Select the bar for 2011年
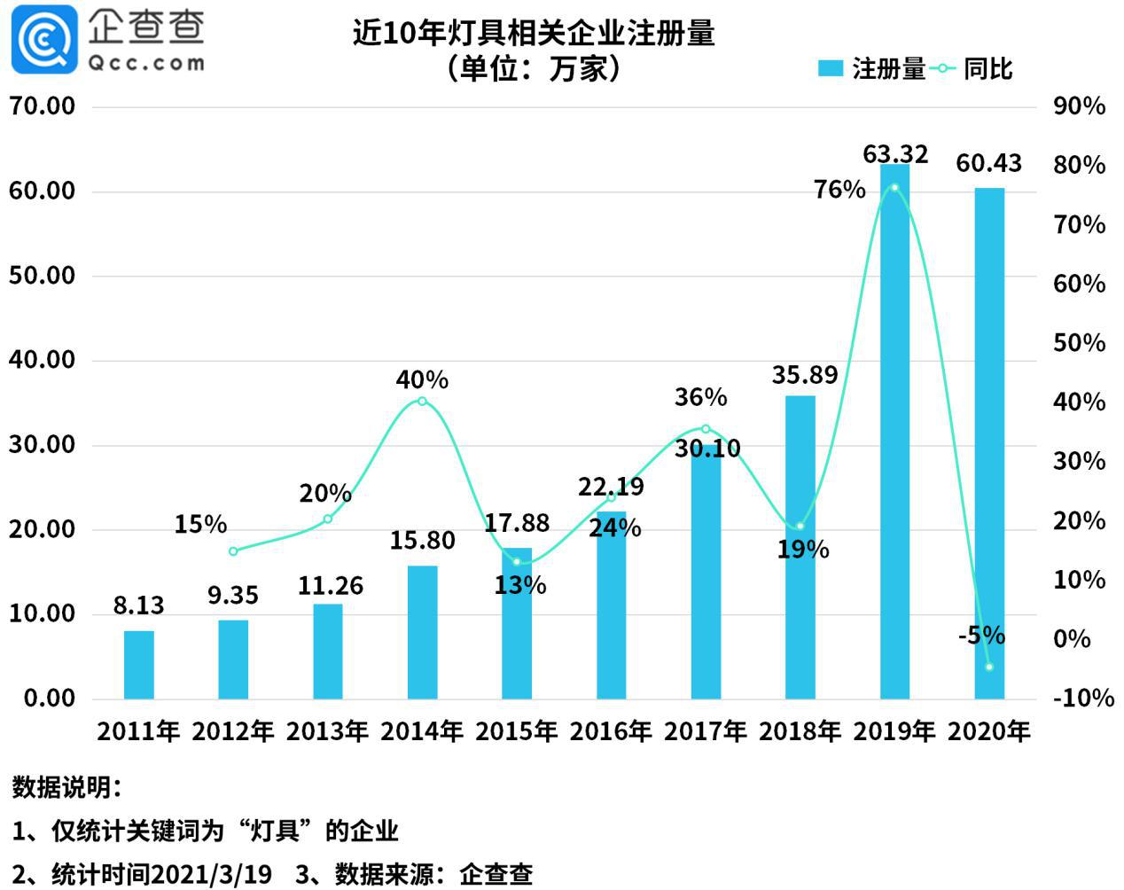point(139,665)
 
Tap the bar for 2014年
point(422,631)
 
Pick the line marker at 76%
point(894,188)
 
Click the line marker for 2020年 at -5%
point(989,667)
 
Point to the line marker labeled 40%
point(422,402)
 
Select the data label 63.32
point(895,154)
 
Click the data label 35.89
point(804,375)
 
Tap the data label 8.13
point(139,605)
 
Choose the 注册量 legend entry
point(872,69)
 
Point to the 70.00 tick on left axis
point(43,106)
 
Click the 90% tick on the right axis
point(1079,106)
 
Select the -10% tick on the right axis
point(1082,699)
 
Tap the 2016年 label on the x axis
point(611,731)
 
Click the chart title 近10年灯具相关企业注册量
point(534,34)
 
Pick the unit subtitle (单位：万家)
point(534,69)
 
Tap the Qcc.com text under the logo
point(146,63)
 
